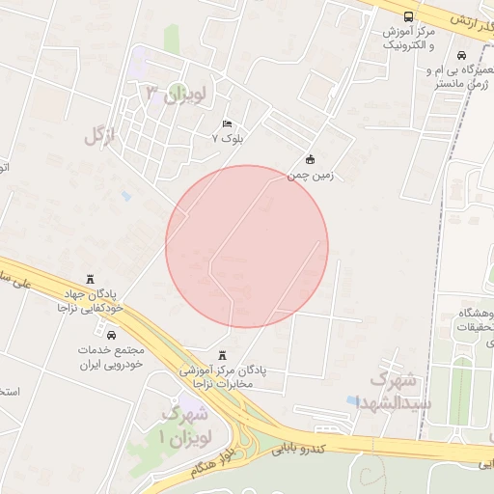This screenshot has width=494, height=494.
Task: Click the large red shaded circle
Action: coord(247,246)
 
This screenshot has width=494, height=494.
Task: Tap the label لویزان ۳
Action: coord(176,94)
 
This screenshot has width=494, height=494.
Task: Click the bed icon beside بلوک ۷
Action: coord(228,124)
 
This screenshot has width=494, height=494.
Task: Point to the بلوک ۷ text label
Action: coord(229,139)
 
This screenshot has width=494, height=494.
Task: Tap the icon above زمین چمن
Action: coord(310,159)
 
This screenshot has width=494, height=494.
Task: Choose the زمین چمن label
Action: coord(306,176)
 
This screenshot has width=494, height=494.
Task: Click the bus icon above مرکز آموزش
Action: coord(408,16)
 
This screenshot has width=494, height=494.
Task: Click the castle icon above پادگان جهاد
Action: coord(92,278)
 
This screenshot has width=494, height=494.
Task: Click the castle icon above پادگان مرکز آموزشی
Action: coord(224,354)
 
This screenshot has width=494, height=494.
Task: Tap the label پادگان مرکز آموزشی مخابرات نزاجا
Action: coord(228,376)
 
